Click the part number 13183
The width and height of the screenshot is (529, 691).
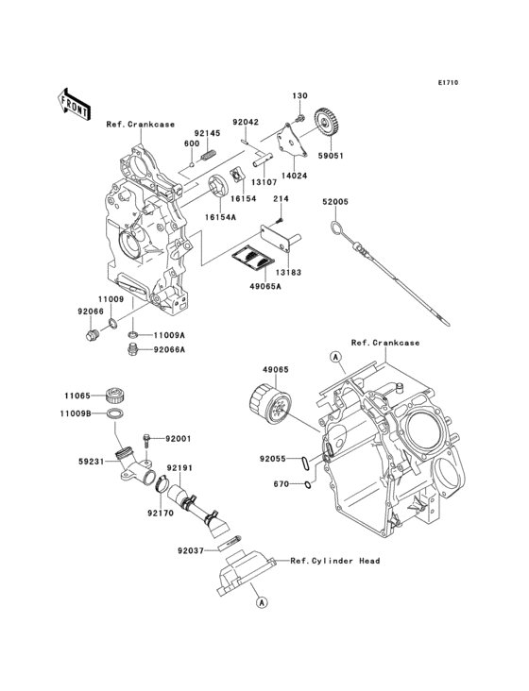(290, 272)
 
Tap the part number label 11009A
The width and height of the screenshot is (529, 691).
(170, 335)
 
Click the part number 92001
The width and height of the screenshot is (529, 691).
(179, 439)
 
